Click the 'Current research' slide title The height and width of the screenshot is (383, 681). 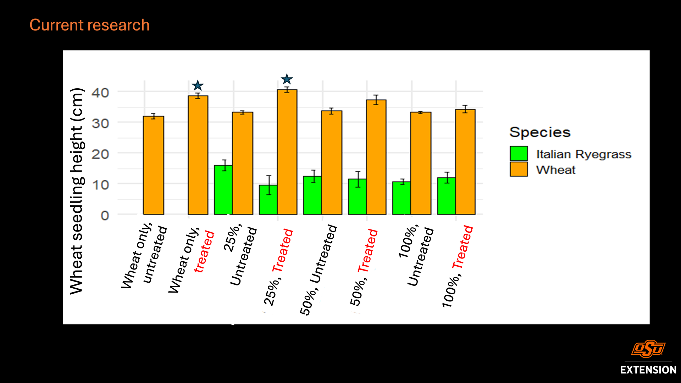tap(89, 25)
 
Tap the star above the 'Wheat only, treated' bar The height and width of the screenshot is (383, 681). tap(198, 85)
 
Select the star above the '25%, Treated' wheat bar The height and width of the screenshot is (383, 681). tap(287, 79)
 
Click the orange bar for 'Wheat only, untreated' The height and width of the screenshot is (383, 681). tap(153, 165)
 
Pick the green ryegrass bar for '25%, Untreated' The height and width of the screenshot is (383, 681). tap(223, 190)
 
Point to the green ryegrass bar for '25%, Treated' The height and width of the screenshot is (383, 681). tap(268, 200)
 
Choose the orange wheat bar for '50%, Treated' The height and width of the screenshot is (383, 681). tap(376, 157)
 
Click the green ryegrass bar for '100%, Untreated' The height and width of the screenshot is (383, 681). tap(401, 198)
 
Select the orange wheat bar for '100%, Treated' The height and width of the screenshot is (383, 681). tap(465, 162)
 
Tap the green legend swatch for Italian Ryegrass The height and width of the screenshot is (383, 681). tap(519, 154)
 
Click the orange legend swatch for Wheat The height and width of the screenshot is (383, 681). tap(519, 169)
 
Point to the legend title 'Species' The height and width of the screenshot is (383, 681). tap(540, 132)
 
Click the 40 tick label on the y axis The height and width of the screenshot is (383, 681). tap(100, 93)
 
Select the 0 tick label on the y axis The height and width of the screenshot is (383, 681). tap(105, 215)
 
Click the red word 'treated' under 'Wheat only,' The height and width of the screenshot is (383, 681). tap(205, 252)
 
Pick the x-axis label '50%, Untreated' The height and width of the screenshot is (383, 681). tap(318, 270)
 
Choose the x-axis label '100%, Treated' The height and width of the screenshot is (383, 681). tap(458, 266)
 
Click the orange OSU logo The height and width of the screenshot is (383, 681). tap(648, 349)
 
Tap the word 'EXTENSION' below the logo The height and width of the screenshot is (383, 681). tap(648, 370)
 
